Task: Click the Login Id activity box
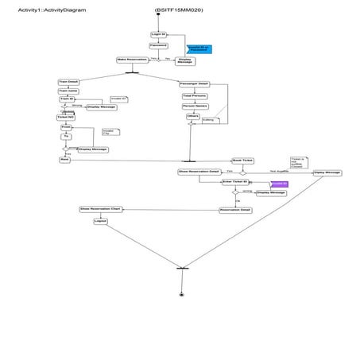point(158,34)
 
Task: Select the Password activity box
point(158,46)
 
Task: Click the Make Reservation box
point(132,60)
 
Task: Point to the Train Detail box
point(68,82)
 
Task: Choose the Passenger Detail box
point(193,83)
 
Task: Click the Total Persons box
point(194,95)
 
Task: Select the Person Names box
point(194,106)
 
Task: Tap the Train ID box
point(67,99)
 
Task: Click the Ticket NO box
point(65,117)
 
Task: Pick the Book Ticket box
point(242,160)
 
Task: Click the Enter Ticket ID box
point(235,182)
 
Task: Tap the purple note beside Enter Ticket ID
point(278,184)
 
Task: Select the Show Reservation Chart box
point(100,209)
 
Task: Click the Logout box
point(100,221)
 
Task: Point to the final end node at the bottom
point(182,294)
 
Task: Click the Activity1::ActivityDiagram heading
point(52,10)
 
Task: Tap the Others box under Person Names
point(192,116)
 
